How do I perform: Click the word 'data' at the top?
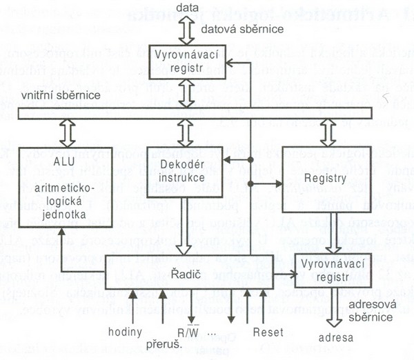point(187,8)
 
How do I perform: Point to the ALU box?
point(61,188)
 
